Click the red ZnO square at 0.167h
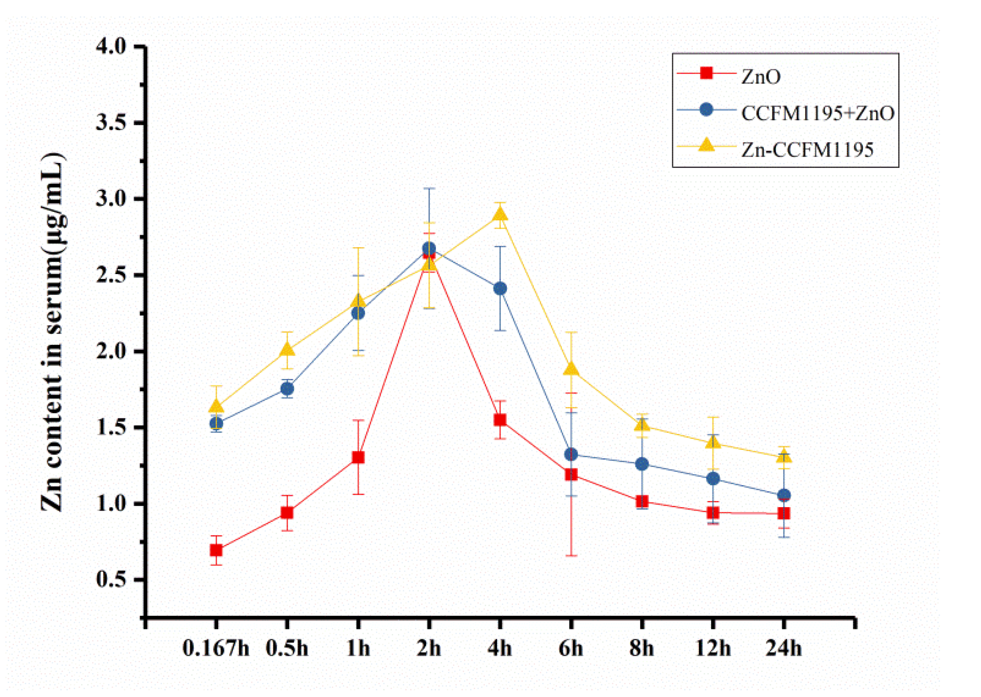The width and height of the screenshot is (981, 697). point(216,550)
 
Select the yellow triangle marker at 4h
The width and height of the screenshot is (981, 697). point(500,215)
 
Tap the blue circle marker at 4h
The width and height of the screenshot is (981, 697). point(500,289)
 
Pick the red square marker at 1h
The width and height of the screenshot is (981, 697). point(358,457)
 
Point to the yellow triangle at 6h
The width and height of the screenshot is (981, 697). point(571,369)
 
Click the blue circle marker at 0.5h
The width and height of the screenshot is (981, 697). point(287,389)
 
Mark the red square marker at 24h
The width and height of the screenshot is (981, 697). point(784,513)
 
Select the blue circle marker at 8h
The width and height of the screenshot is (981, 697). point(642,464)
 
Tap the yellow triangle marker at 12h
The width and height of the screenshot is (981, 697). point(713,442)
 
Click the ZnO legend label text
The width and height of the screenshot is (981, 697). point(761,77)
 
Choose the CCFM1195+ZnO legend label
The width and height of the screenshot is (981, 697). point(817,114)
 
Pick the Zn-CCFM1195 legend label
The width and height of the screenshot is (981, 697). point(807,150)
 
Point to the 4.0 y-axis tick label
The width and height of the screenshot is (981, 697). point(111,46)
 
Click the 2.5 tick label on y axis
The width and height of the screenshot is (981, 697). point(111,275)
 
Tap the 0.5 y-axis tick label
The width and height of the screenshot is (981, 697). point(111,579)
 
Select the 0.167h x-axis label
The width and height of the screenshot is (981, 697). point(216,649)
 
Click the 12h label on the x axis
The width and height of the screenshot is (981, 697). point(713,649)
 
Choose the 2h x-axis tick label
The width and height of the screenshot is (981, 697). point(429,649)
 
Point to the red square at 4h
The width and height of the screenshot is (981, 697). point(500,420)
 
